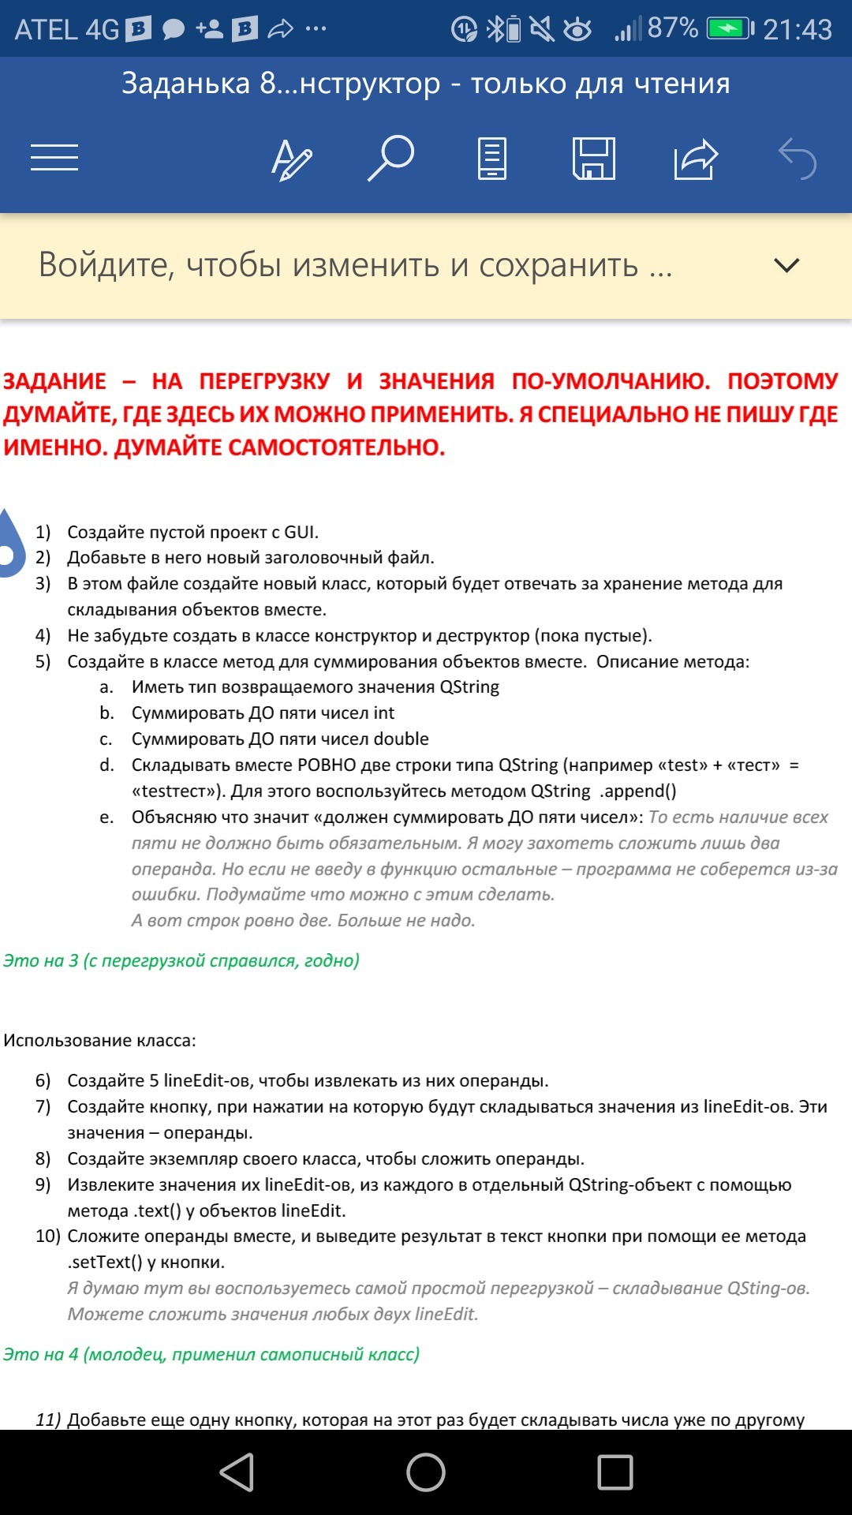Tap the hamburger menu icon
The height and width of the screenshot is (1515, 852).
pyautogui.click(x=54, y=158)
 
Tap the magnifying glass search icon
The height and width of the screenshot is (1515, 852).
pyautogui.click(x=391, y=158)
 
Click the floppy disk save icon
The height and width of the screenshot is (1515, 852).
pyautogui.click(x=593, y=159)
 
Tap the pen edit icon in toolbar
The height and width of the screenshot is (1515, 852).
pyautogui.click(x=291, y=159)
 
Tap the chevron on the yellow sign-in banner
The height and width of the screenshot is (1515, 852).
pyautogui.click(x=787, y=265)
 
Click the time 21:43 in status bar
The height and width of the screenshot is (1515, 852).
pyautogui.click(x=797, y=30)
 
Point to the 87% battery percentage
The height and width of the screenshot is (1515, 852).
pyautogui.click(x=672, y=28)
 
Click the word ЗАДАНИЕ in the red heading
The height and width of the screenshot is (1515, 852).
pyautogui.click(x=54, y=381)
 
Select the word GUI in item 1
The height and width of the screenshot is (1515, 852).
pyautogui.click(x=301, y=532)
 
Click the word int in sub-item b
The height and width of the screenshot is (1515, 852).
pyautogui.click(x=384, y=713)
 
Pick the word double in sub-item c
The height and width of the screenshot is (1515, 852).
pyautogui.click(x=401, y=739)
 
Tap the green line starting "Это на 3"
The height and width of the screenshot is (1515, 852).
pyautogui.click(x=181, y=960)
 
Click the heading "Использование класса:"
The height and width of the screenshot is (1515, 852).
pyautogui.click(x=99, y=1040)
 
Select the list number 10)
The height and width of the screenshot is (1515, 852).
pyautogui.click(x=47, y=1236)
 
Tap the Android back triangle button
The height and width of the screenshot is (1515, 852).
pyautogui.click(x=237, y=1472)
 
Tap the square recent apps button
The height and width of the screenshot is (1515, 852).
pyautogui.click(x=615, y=1472)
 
